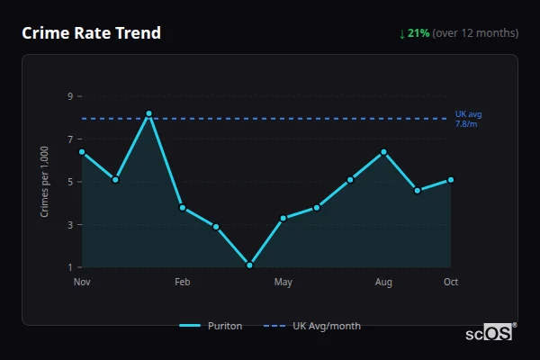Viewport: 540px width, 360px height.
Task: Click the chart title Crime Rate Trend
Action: coord(91,33)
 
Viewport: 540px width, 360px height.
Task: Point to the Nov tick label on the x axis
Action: coord(82,283)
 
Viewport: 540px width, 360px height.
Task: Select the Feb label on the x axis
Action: coord(183,283)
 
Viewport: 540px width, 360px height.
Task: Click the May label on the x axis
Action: coord(283,283)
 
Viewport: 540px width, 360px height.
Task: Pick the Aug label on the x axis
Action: coord(383,283)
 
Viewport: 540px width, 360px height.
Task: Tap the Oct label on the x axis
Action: coord(451,283)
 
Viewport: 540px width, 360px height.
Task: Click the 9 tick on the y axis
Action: coord(69,96)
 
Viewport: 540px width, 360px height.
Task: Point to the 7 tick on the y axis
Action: coord(69,139)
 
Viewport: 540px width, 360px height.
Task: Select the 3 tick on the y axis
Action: coord(69,225)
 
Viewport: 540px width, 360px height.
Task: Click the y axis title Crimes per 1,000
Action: coord(44,182)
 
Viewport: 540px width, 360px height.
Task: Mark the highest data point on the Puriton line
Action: coord(148,113)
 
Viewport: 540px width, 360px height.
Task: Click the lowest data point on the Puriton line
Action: coord(249,265)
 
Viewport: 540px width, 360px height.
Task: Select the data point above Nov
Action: coord(82,152)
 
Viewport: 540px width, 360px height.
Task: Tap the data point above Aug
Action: coord(383,152)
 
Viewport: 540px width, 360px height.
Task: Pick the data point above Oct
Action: coord(451,180)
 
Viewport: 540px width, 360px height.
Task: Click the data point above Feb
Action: coord(183,208)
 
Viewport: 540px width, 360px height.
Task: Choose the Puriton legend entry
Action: coord(211,326)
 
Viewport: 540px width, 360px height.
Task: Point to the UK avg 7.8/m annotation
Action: coord(468,119)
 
